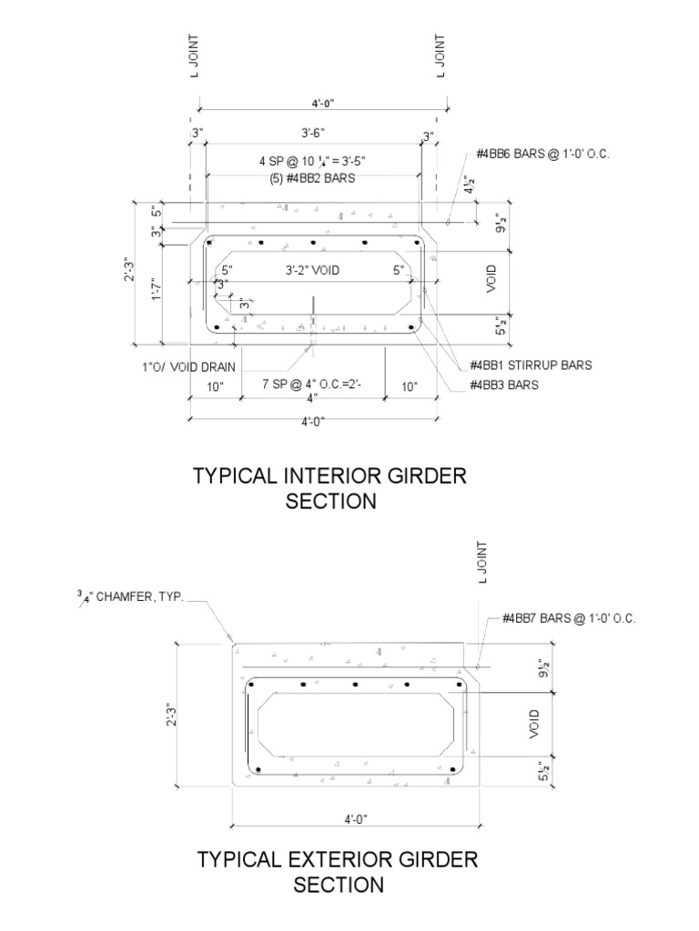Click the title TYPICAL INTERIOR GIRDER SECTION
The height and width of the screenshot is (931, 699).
tap(330, 488)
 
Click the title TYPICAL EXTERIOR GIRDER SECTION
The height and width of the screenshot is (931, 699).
tap(338, 871)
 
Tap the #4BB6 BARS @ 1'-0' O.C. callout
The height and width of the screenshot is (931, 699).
tap(541, 155)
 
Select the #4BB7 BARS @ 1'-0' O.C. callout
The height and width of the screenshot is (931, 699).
tap(568, 619)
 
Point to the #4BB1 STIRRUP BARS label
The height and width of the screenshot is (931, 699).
tap(531, 365)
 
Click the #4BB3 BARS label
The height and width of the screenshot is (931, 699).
tap(504, 385)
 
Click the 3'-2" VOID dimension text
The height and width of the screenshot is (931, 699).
tap(311, 270)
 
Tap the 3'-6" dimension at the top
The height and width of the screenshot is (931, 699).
tap(312, 134)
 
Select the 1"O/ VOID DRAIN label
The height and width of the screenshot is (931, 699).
tap(188, 367)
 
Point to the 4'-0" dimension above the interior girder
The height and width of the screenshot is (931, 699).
tap(316, 103)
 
